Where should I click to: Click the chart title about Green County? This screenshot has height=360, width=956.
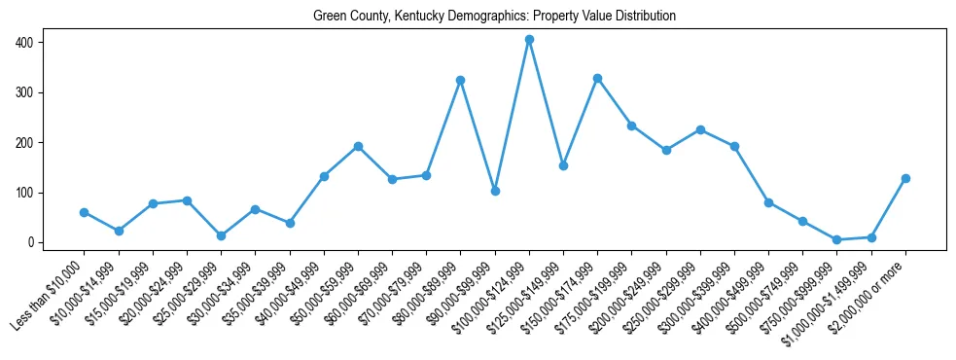(x=494, y=17)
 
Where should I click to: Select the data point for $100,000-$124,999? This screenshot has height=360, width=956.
(x=529, y=40)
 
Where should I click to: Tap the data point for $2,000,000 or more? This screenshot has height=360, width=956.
(x=905, y=178)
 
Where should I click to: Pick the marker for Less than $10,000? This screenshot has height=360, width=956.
(x=85, y=212)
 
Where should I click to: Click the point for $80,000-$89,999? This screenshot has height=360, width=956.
(x=460, y=80)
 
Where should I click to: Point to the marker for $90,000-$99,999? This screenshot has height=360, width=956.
(x=495, y=191)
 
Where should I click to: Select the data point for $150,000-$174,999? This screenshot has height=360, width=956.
(x=597, y=78)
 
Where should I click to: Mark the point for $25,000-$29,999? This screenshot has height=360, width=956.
(x=221, y=235)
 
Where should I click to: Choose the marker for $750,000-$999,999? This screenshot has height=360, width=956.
(x=836, y=239)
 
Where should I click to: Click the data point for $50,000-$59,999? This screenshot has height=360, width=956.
(x=358, y=146)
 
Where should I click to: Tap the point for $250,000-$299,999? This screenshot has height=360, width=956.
(x=700, y=129)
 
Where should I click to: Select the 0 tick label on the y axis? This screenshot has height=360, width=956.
(x=31, y=242)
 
